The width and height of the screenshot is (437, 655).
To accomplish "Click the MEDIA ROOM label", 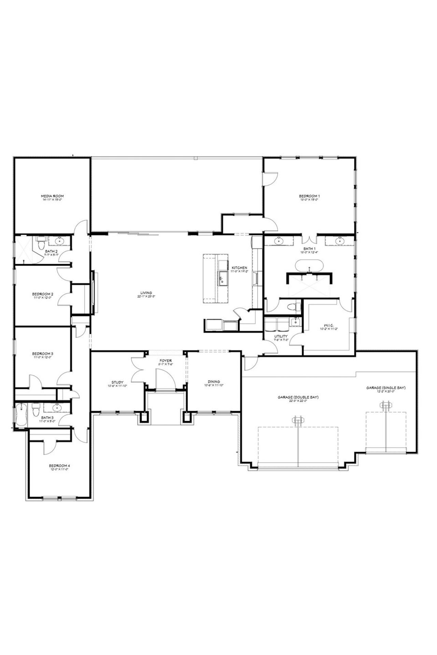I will pyautogui.click(x=52, y=196).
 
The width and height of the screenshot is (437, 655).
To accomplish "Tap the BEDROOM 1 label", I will pyautogui.click(x=309, y=196).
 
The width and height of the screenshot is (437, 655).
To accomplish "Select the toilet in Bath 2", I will pyautogui.click(x=41, y=244).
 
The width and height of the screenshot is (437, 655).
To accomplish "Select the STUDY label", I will pyautogui.click(x=117, y=382).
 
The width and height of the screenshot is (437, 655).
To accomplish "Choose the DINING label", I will pyautogui.click(x=214, y=382).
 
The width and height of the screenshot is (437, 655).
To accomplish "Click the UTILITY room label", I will pyautogui.click(x=281, y=336).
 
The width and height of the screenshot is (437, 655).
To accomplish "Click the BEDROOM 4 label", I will pyautogui.click(x=59, y=466).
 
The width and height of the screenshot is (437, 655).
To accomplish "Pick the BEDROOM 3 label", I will pyautogui.click(x=43, y=353).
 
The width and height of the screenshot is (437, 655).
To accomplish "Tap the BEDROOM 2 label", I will pyautogui.click(x=43, y=294).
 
